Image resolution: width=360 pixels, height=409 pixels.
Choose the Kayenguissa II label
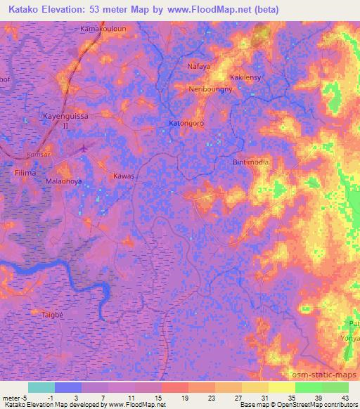pos(66,121)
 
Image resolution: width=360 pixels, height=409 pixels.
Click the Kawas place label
pos(124,177)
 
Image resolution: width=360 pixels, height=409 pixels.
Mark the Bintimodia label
pos(251,162)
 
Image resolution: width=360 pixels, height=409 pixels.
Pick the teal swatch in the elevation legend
pos(41,387)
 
